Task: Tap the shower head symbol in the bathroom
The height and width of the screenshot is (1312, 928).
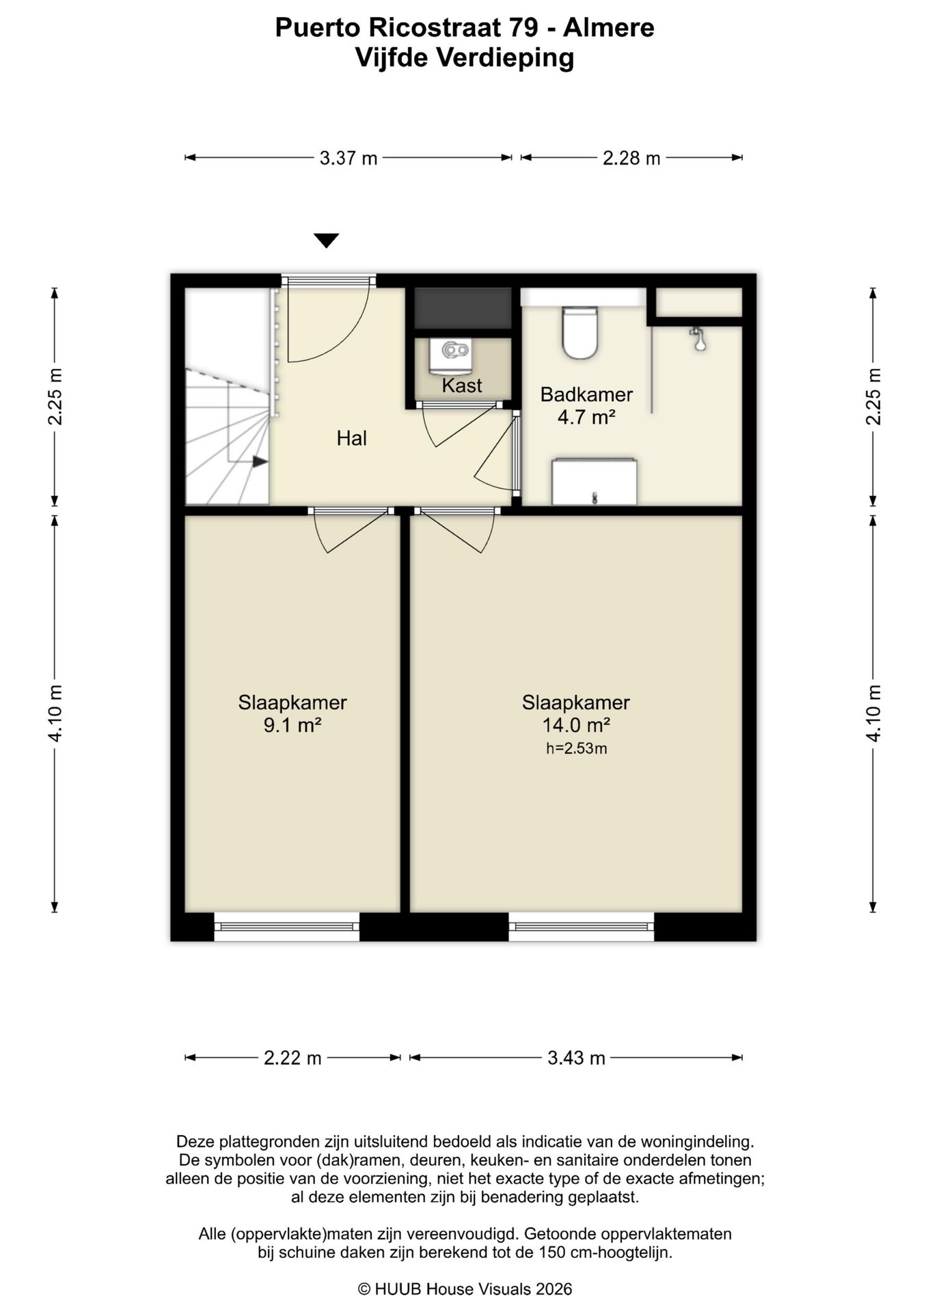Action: click(x=698, y=339)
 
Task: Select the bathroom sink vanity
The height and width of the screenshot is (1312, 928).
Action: click(x=594, y=482)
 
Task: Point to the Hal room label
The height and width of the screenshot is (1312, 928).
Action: click(x=351, y=439)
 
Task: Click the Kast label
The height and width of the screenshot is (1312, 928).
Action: click(x=462, y=385)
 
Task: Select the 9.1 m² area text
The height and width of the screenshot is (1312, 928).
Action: click(x=292, y=725)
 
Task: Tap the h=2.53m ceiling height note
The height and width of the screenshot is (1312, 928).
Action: click(x=576, y=748)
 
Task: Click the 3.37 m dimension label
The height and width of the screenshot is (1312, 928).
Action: click(x=349, y=159)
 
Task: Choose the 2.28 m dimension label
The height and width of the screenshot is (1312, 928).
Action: click(x=631, y=159)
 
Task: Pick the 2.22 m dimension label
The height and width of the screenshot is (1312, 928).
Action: click(x=292, y=1058)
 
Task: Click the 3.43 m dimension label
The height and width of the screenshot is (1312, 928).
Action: click(x=576, y=1058)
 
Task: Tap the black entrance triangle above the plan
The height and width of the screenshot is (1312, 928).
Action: click(x=327, y=240)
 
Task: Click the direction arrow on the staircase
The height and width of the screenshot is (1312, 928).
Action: click(x=260, y=462)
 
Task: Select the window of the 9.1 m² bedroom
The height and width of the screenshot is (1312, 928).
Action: click(x=287, y=927)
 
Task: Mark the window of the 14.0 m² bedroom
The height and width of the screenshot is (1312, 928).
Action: click(x=582, y=927)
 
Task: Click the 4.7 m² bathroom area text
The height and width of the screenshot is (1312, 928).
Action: click(x=586, y=417)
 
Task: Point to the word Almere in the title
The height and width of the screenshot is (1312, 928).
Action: click(x=609, y=27)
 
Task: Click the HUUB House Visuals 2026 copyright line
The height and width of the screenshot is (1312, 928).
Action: click(x=465, y=1289)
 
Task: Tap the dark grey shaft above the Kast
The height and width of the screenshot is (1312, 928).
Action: click(x=463, y=308)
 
